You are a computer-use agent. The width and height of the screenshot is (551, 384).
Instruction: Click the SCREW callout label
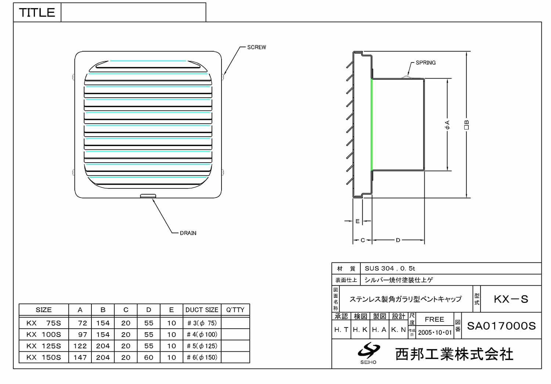pos(256,47)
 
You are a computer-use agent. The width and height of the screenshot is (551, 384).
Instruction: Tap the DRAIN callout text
pos(188,233)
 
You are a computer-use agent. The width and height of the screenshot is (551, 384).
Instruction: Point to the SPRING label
pos(425,63)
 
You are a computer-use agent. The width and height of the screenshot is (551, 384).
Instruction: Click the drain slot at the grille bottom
pos(148,196)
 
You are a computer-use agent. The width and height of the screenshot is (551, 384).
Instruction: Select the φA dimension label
pos(447,125)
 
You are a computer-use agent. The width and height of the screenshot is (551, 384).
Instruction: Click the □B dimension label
pos(466,125)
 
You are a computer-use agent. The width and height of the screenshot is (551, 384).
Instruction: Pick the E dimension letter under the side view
pos(357,221)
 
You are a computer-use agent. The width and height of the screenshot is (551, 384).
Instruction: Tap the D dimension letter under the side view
pos(398,240)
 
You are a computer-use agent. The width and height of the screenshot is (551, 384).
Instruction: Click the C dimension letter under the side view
pos(363,240)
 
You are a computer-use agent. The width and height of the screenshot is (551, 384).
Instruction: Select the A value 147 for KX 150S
pos(80,358)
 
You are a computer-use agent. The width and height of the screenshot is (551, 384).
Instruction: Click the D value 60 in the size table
pos(148,358)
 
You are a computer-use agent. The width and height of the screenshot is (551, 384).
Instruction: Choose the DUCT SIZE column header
pos(202,310)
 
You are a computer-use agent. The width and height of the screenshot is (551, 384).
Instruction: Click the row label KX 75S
pos(44,323)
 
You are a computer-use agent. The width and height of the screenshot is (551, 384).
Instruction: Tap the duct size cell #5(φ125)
pos(202,346)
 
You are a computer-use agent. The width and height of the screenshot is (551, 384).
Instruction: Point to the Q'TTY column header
pos(235,310)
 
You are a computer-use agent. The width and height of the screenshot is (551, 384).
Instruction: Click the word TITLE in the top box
pos(37,12)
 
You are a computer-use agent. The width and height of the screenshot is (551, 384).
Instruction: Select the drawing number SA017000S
pos(501,326)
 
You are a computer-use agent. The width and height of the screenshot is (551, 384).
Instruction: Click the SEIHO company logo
pos(368,353)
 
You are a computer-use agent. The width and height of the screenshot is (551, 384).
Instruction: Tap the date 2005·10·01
pos(435,333)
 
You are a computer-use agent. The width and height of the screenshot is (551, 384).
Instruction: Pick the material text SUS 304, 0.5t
pos(390,268)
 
